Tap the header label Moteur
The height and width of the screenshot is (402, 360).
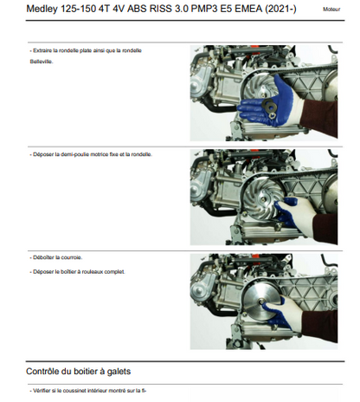pyautogui.click(x=331, y=10)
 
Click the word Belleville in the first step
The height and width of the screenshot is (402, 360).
pyautogui.click(x=42, y=62)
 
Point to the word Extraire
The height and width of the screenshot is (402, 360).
pyautogui.click(x=42, y=50)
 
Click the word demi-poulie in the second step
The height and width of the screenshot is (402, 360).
pyautogui.click(x=74, y=154)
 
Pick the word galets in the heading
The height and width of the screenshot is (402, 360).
pyautogui.click(x=119, y=372)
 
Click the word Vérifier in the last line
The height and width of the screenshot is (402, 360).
pyautogui.click(x=42, y=391)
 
